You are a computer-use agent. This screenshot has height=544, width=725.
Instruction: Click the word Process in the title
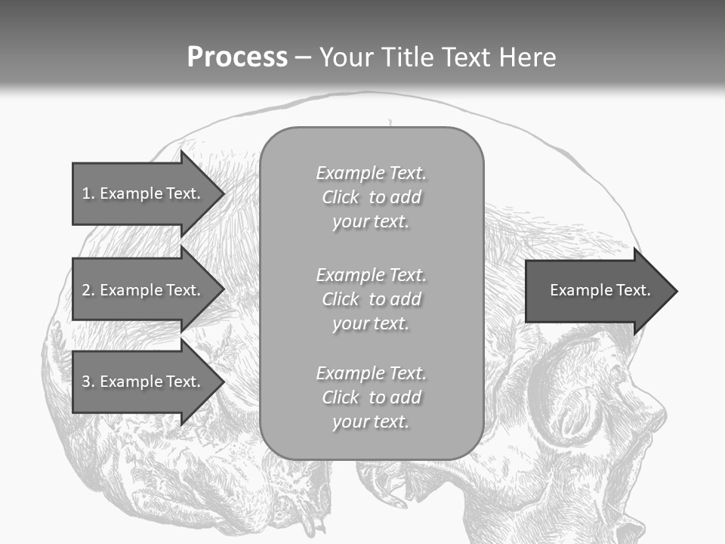(x=237, y=57)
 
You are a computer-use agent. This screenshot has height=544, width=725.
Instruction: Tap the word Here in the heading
(x=526, y=57)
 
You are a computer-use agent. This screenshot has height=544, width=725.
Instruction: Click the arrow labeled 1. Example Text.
(x=141, y=193)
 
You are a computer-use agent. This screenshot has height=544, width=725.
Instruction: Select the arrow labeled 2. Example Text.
(x=141, y=290)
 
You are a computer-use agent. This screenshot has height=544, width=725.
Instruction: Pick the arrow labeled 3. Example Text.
(x=141, y=382)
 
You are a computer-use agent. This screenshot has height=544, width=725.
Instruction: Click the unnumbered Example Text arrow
(x=600, y=290)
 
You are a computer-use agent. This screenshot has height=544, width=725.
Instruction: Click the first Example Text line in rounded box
(x=371, y=173)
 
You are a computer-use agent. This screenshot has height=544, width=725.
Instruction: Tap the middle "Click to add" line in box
(x=371, y=299)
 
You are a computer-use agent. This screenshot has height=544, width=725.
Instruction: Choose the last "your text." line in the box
(x=371, y=422)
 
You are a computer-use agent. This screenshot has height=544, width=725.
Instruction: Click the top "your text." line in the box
(x=371, y=221)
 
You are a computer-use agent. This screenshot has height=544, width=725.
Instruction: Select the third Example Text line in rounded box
(x=371, y=373)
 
